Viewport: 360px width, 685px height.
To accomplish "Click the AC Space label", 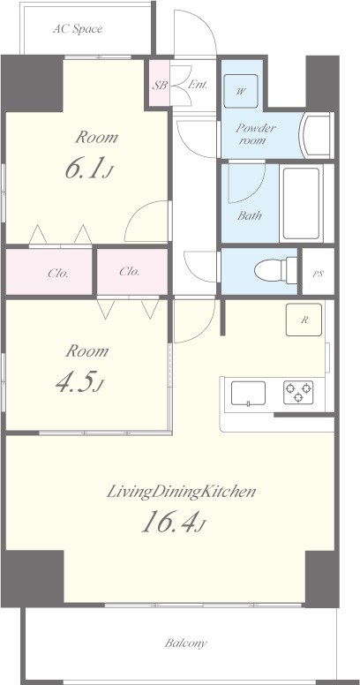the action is point(78,29).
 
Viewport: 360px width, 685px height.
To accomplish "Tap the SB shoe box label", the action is point(160,86).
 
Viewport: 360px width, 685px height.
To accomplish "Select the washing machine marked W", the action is point(241,91).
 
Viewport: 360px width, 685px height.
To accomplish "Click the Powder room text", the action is point(256,134).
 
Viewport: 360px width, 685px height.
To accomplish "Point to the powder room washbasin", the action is point(316,135).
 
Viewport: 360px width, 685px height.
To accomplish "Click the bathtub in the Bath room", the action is point(301,203).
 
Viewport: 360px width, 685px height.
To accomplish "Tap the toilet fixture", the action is point(275,270).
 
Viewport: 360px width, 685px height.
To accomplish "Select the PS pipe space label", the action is point(318,275).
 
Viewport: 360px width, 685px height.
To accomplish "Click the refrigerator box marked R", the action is point(304,320).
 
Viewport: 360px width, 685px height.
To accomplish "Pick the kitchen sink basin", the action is point(248,394).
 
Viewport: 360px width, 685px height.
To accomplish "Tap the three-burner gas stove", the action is point(298,392).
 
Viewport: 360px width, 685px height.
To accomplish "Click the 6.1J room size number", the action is point(89,169).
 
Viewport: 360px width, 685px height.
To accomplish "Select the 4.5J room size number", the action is point(79,382).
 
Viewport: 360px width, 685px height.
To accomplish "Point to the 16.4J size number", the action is point(173,521).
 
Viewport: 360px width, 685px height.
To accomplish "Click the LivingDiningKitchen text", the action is point(181,492).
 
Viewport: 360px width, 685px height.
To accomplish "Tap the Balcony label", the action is point(185,643).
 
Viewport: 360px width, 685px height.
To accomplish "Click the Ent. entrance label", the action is point(197,85).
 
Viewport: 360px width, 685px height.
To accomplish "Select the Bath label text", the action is point(250,215).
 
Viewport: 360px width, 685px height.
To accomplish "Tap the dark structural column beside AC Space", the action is point(33,83).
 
